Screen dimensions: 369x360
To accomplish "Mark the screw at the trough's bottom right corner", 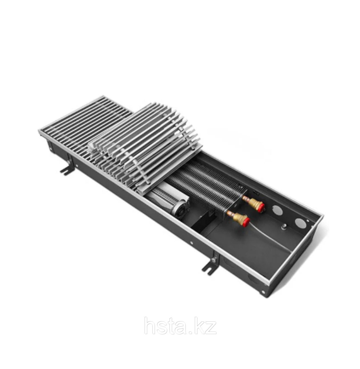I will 263,292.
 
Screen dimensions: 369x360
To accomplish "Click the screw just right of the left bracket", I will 77,165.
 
